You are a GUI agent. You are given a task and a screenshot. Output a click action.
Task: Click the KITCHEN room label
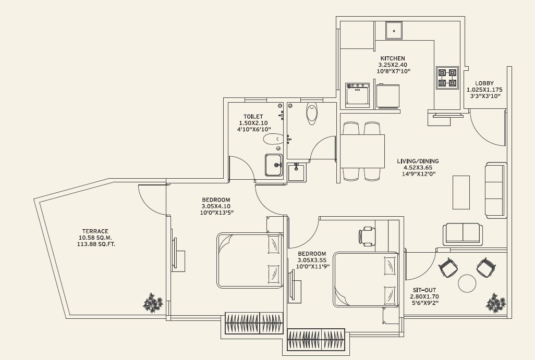(x=392, y=58)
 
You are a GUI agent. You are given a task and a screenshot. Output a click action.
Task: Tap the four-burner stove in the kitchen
(x=447, y=78)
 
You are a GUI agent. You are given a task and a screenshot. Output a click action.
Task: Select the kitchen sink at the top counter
(x=394, y=30)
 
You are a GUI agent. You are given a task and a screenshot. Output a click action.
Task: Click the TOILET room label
(x=253, y=117)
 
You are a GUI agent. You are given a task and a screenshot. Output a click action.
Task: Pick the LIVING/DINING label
(x=417, y=161)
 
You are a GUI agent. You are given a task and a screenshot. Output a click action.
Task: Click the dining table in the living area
(x=362, y=151)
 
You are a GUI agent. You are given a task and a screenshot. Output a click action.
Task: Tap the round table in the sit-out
(x=467, y=283)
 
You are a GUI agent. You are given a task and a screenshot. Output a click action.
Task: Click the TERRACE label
(x=95, y=231)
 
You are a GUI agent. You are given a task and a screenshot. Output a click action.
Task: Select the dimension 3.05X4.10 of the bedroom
(x=216, y=206)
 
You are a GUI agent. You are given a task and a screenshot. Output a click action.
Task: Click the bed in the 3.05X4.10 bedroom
(x=250, y=260)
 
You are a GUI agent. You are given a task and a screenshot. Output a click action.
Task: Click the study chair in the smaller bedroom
(x=367, y=236)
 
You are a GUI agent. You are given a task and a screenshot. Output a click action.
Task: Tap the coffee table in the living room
(x=461, y=192)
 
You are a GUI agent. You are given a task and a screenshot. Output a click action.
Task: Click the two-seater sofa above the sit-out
(x=463, y=234)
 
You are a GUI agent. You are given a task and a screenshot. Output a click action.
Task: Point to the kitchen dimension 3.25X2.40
(x=392, y=65)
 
